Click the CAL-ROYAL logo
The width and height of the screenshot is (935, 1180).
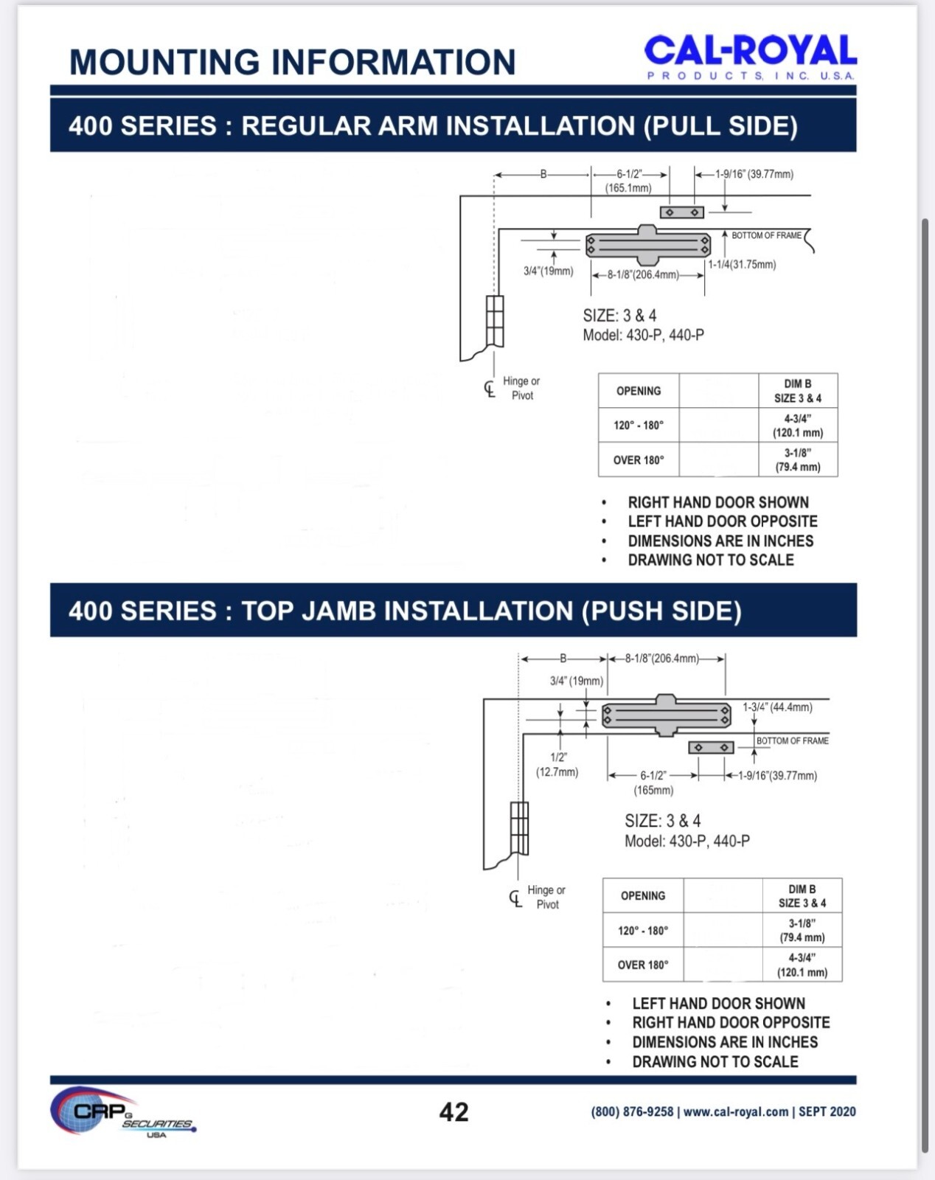click(x=750, y=57)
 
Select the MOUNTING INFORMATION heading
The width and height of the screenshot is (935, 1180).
click(x=292, y=61)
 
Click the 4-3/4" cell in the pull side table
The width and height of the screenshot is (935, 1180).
click(x=798, y=426)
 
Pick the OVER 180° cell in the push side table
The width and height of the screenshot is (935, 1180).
click(x=643, y=965)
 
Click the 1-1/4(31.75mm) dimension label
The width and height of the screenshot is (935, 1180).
click(x=742, y=264)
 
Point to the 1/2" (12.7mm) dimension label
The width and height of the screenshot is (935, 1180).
click(x=557, y=764)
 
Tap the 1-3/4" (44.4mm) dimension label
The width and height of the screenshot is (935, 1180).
click(x=777, y=707)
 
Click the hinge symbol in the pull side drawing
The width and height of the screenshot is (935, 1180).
click(x=495, y=322)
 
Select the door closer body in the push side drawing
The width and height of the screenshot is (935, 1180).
click(x=667, y=715)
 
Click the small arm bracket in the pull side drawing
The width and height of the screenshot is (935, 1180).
click(x=681, y=212)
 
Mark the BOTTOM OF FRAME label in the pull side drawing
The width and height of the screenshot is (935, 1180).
click(x=766, y=235)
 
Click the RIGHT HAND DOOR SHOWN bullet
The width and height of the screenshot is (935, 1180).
click(x=718, y=502)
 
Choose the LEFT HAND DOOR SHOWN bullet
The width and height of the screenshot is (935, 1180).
click(x=718, y=1004)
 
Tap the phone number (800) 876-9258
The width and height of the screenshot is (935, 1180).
click(x=632, y=1111)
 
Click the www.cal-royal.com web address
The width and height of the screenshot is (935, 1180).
click(x=735, y=1111)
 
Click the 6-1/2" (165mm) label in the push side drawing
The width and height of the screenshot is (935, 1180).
click(x=653, y=782)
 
